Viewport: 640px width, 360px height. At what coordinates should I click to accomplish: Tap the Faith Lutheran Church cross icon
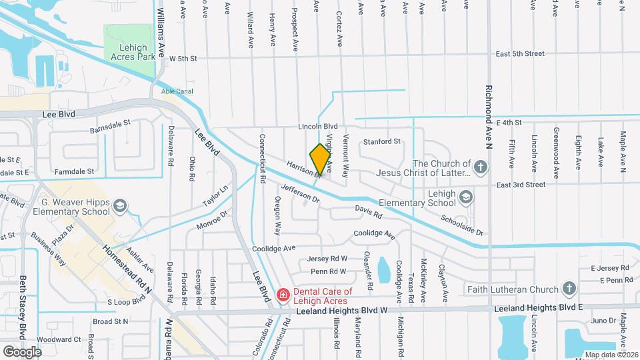pos(569,289)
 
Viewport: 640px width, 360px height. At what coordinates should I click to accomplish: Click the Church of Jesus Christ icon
pos(481,165)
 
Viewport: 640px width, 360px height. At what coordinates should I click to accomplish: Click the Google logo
pos(22,351)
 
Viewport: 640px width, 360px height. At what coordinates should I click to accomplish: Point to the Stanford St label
pos(381,141)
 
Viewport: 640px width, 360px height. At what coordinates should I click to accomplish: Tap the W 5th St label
pos(183,58)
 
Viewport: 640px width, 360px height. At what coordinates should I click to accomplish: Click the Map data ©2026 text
pos(610,354)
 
